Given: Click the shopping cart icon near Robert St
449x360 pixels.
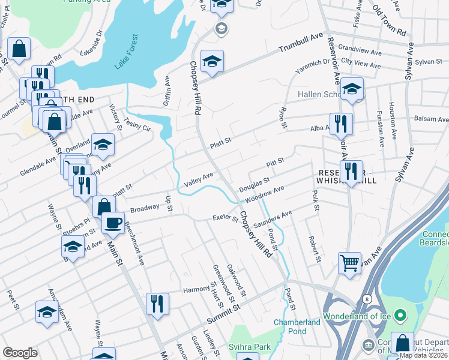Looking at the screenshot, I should [x=349, y=262].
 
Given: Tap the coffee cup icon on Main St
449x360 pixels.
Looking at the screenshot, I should [x=112, y=223].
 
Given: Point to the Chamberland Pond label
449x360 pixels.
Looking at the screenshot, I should [x=297, y=326].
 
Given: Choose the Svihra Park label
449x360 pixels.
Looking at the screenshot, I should [x=249, y=347].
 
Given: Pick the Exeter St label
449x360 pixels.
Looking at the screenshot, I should [x=226, y=217].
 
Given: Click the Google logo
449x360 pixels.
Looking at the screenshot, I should [x=20, y=353].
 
